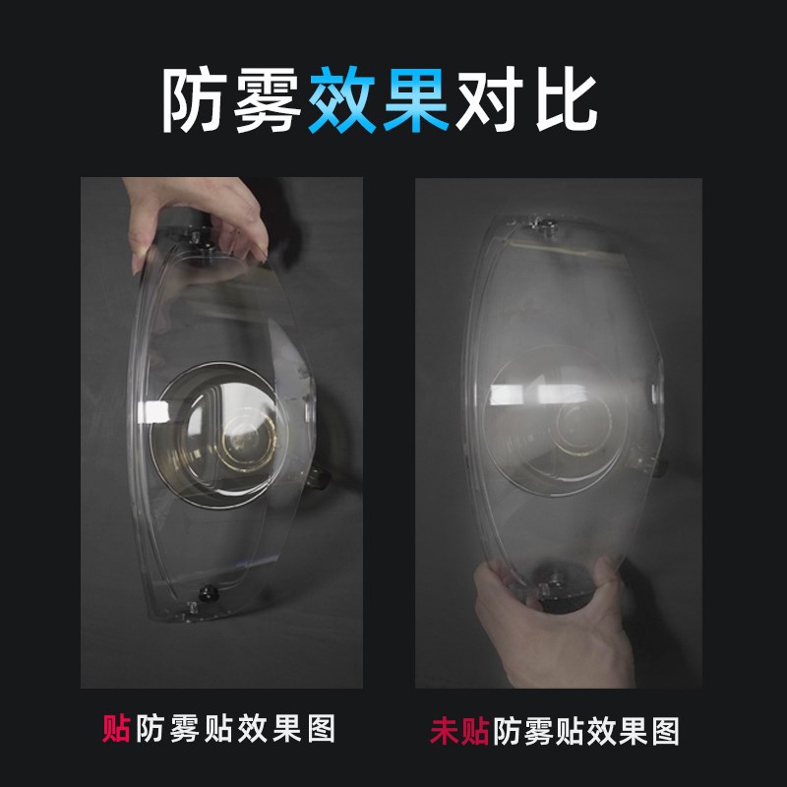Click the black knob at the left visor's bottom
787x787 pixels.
tap(209, 593)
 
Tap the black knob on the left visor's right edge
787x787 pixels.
tap(318, 479)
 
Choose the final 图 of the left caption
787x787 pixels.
tap(322, 729)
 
